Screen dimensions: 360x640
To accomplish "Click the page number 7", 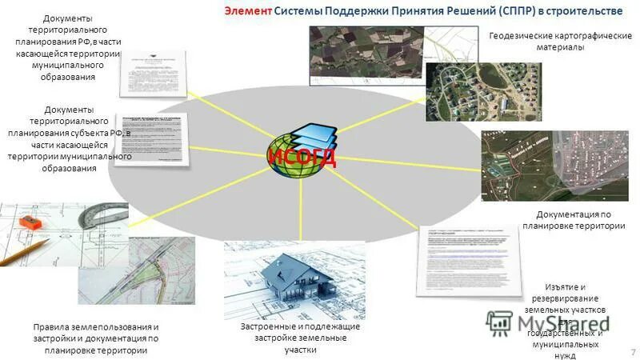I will [x=631, y=350].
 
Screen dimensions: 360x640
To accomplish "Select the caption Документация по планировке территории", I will [x=574, y=220].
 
